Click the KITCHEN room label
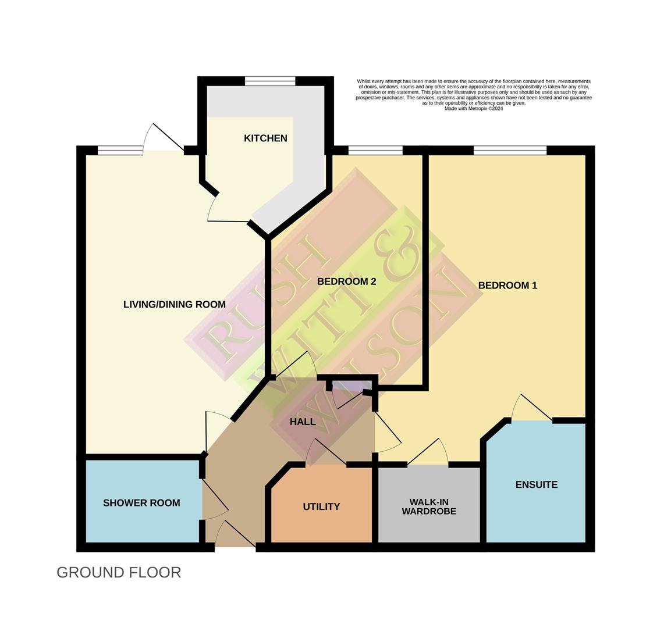(x=265, y=138)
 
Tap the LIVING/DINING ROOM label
(x=174, y=304)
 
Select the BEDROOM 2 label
(x=346, y=281)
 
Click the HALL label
(x=303, y=422)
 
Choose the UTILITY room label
(x=321, y=506)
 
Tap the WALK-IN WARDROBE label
(x=432, y=506)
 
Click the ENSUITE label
(x=537, y=484)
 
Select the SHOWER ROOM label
(x=141, y=503)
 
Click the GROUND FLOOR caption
(x=119, y=572)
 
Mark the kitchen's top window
(x=270, y=81)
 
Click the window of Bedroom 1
(x=510, y=151)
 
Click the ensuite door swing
(x=531, y=407)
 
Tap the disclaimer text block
(x=473, y=95)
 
